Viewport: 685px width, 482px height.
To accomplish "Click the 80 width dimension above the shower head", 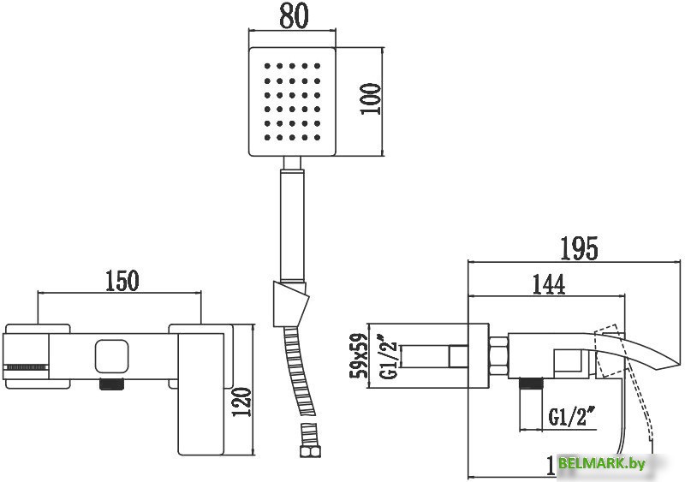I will click(x=293, y=16).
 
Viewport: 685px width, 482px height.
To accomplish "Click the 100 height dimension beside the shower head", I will click(x=371, y=101).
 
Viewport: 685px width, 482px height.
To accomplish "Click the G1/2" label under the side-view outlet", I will click(x=572, y=419).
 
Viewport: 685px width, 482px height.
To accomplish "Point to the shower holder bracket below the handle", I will click(x=289, y=301).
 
